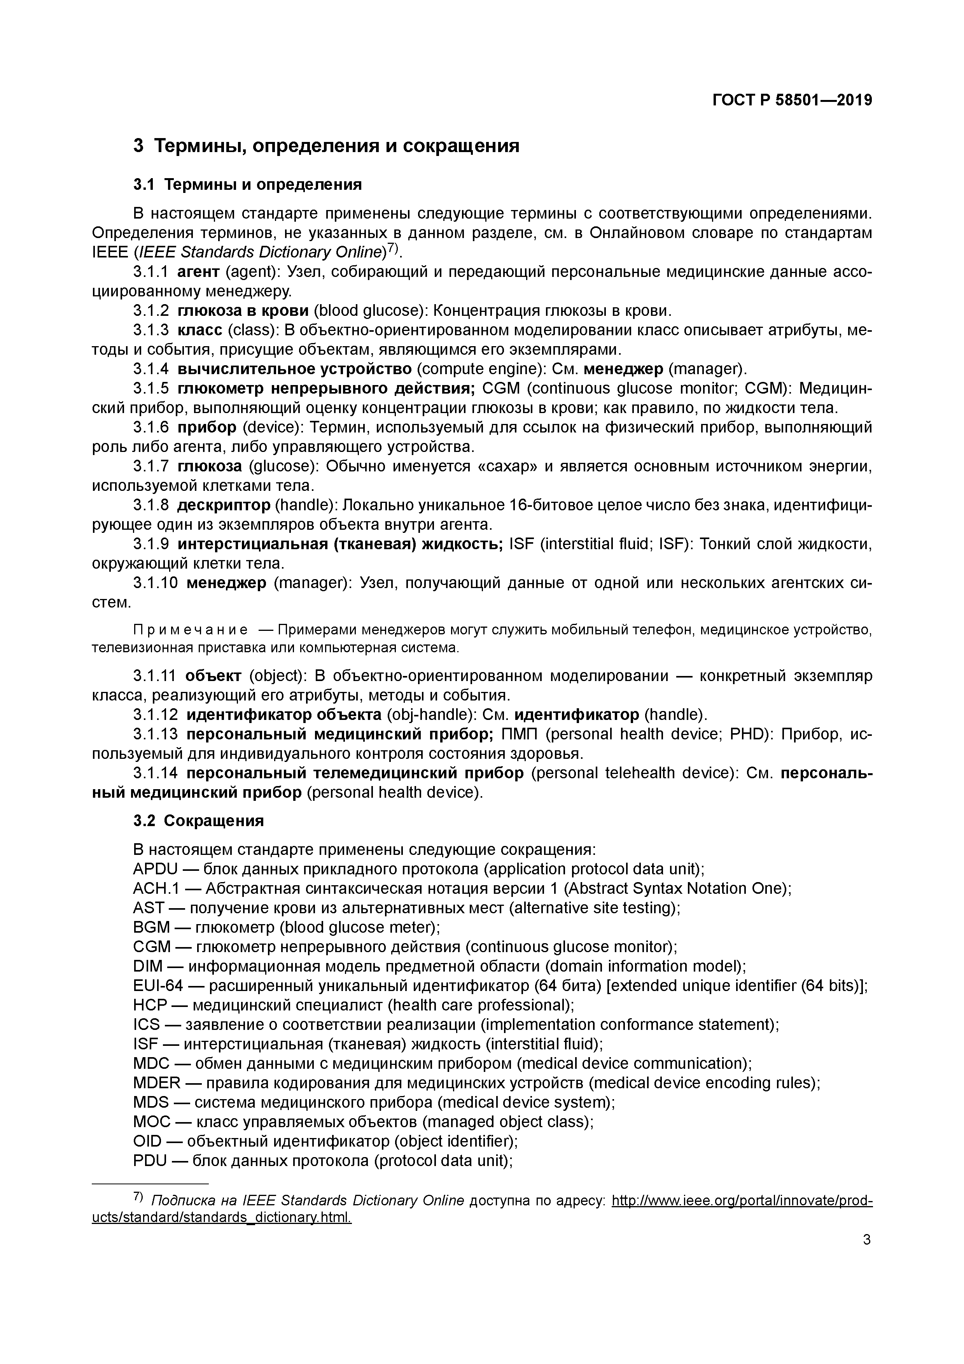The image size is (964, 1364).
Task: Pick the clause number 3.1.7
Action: tap(151, 466)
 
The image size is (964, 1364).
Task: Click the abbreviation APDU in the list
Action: tap(156, 869)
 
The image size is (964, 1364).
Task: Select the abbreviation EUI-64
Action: tap(158, 986)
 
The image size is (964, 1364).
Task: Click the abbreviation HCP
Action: tap(149, 1005)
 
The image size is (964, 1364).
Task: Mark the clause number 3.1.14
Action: tap(156, 773)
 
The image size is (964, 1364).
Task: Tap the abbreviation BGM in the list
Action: tap(152, 927)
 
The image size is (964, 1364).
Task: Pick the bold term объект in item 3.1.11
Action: tap(213, 676)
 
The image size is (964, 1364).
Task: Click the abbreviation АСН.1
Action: tap(154, 889)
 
